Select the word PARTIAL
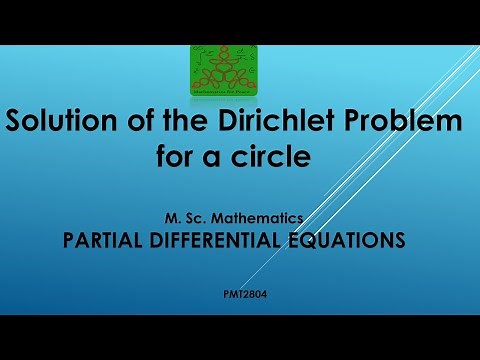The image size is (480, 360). [109, 241]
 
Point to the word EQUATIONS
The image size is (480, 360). [350, 241]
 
